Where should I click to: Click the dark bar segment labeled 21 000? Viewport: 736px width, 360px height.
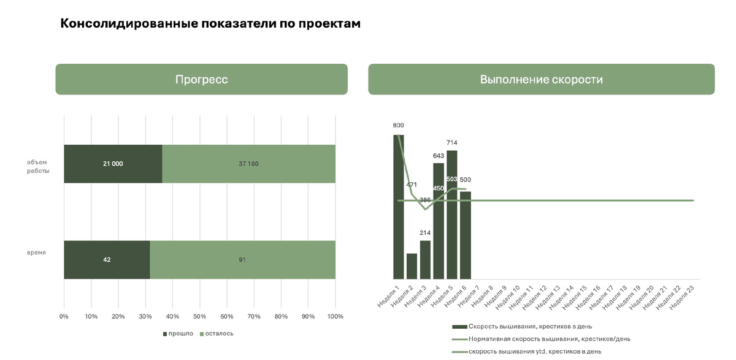coord(113,164)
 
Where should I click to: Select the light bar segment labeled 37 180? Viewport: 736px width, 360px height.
coord(248,164)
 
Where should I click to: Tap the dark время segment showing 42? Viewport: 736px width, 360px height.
coord(107,259)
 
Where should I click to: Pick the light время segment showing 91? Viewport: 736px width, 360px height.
coord(242,259)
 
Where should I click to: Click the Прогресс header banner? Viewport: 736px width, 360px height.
coord(201,79)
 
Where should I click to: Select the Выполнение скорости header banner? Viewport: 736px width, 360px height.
coord(541,79)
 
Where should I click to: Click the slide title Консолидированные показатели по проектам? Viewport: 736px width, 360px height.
coord(210,24)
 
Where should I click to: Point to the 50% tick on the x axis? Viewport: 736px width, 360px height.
coord(199,316)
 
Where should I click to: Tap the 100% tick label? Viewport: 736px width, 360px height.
coord(335,316)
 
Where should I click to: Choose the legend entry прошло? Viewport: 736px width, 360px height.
coord(178,334)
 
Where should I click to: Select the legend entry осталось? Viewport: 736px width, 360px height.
coord(216,334)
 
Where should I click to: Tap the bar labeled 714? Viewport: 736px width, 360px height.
coord(452,215)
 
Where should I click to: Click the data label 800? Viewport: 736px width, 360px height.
coord(399,125)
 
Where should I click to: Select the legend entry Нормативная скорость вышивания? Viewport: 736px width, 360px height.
coord(548,339)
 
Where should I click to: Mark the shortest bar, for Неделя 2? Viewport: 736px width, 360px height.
coord(412,266)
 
